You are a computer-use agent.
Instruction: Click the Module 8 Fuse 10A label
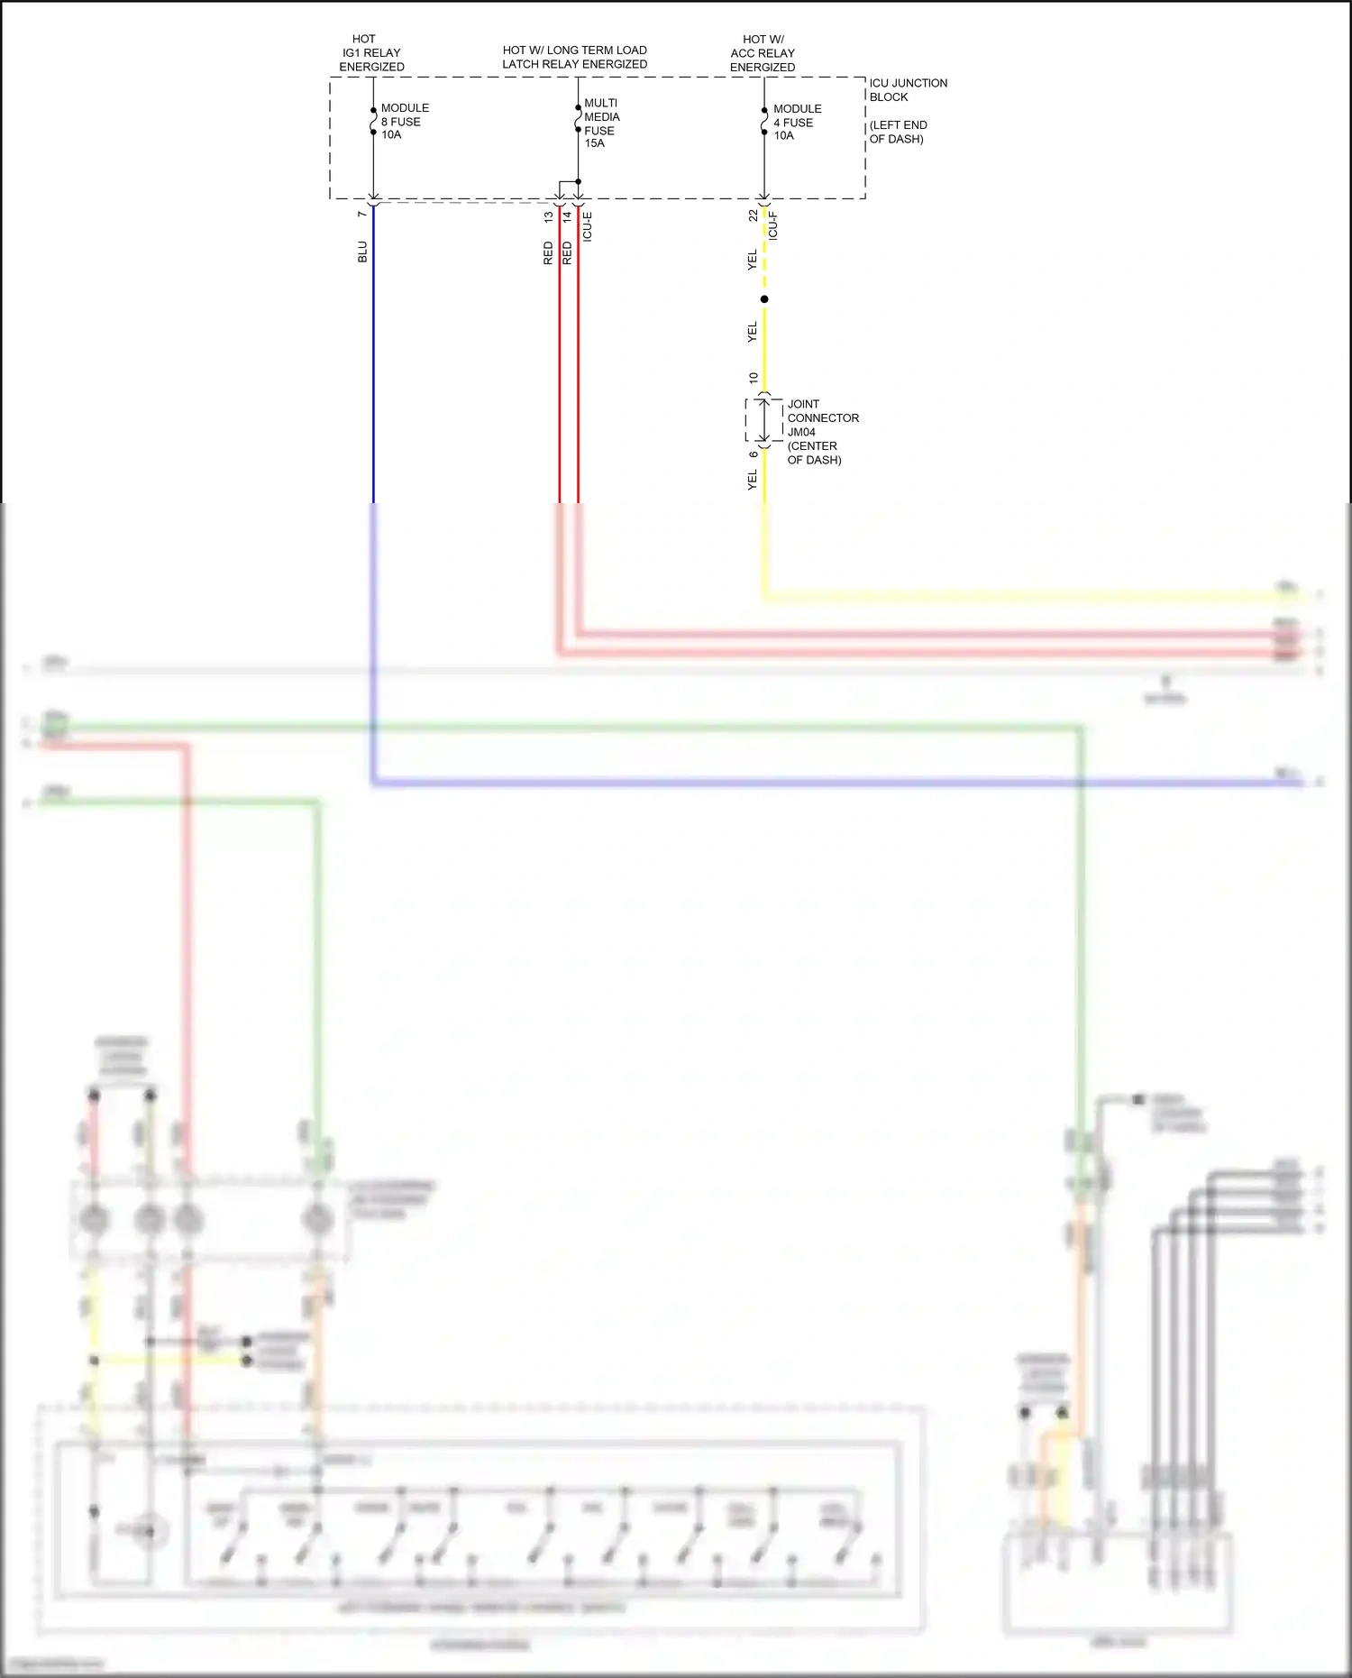(x=404, y=121)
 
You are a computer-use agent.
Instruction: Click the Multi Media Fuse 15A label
(x=601, y=123)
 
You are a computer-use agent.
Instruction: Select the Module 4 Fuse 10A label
(x=797, y=122)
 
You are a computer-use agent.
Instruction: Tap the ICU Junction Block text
(x=908, y=89)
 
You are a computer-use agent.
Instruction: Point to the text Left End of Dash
(x=898, y=132)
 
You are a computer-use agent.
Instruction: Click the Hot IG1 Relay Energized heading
(x=371, y=53)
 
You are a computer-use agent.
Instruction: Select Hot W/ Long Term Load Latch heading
(x=574, y=57)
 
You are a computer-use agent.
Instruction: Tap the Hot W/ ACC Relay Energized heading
(x=763, y=53)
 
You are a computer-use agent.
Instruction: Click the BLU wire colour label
(x=362, y=252)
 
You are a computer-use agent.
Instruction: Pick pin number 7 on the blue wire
(x=362, y=214)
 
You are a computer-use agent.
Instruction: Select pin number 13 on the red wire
(x=548, y=216)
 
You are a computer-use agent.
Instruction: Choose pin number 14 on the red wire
(x=567, y=216)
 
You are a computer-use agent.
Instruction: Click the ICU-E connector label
(x=588, y=226)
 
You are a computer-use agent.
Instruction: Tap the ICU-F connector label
(x=772, y=225)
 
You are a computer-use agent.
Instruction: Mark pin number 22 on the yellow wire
(x=753, y=215)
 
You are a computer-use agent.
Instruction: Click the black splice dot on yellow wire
(x=764, y=299)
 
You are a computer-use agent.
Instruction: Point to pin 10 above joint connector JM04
(x=754, y=378)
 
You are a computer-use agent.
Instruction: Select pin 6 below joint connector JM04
(x=754, y=454)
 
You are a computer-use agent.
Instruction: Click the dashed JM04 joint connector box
(x=763, y=419)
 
